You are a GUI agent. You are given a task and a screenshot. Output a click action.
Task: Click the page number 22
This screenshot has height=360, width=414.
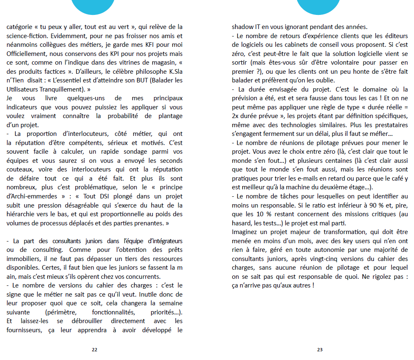pyautogui.click(x=94, y=350)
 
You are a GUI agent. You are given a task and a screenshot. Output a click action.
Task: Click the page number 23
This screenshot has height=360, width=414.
pyautogui.click(x=320, y=350)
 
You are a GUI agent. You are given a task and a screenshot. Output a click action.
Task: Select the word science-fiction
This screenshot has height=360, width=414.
pyautogui.click(x=26, y=36)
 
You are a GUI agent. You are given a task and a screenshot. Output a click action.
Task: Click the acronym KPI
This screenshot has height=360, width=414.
pyautogui.click(x=93, y=54)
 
